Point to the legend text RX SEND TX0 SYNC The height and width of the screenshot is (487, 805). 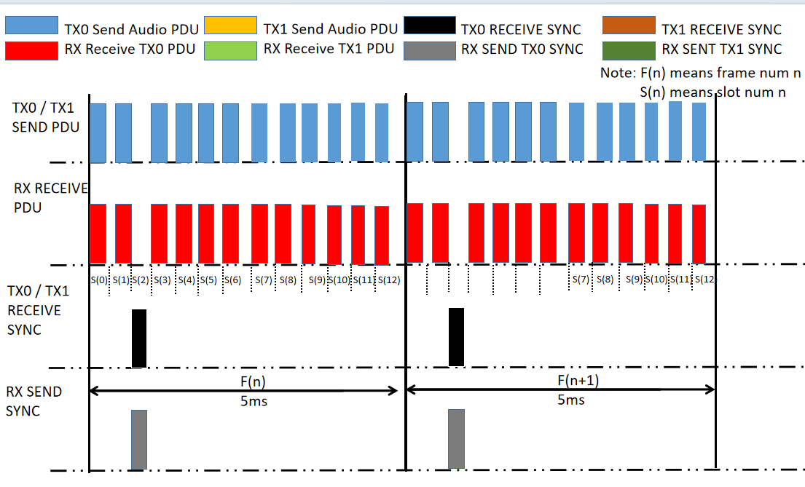click(522, 50)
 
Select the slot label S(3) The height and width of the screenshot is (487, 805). click(162, 280)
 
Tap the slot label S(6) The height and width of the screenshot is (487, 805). click(232, 280)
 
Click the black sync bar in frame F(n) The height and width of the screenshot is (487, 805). click(138, 338)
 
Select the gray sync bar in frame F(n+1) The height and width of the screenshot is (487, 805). click(456, 439)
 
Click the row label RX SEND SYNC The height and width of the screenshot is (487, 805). click(34, 401)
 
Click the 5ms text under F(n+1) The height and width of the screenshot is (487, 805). click(571, 400)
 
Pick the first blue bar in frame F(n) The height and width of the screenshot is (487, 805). click(98, 133)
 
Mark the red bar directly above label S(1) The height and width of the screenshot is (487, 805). click(123, 233)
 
